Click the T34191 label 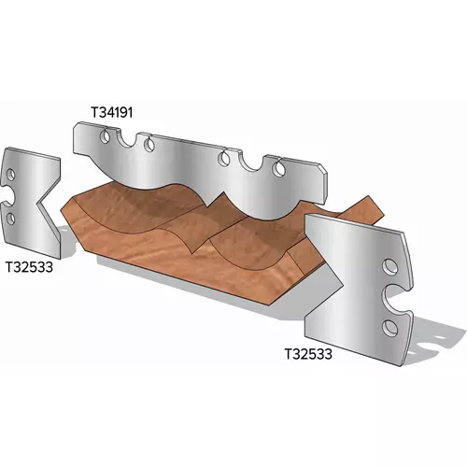pos(112,112)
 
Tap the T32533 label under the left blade pos(30,267)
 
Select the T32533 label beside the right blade pos(308,354)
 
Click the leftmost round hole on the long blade pos(105,136)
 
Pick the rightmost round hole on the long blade pos(278,168)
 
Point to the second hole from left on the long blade pos(149,144)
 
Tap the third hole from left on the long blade pos(224,158)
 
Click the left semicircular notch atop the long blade pos(126,139)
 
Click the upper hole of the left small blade pos(11,175)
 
